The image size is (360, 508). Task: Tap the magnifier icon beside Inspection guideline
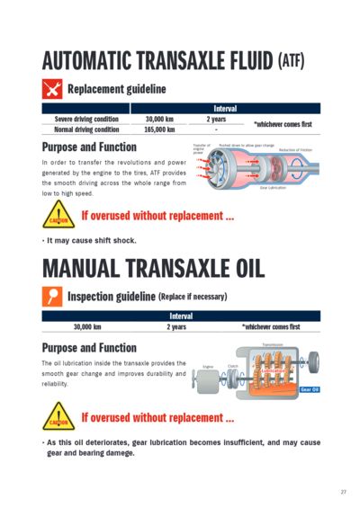tap(52, 295)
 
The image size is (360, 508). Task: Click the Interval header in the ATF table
tap(225, 108)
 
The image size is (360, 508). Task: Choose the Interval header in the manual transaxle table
tap(180, 316)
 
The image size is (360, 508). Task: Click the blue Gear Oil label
tap(310, 389)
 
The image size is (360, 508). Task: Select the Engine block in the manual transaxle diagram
tap(208, 380)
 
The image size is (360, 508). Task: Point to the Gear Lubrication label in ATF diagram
tap(274, 188)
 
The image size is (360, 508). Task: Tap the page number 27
tap(343, 492)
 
